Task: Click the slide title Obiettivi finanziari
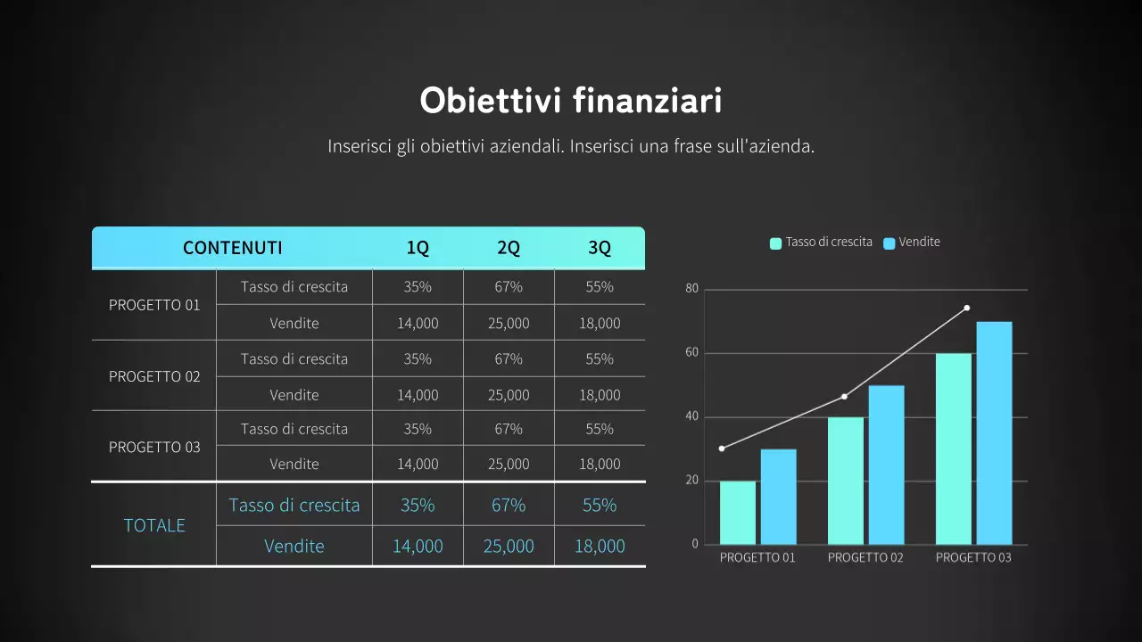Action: pyautogui.click(x=571, y=101)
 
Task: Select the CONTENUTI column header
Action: pyautogui.click(x=232, y=248)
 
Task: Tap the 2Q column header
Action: pyautogui.click(x=509, y=248)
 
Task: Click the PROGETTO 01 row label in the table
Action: pyautogui.click(x=154, y=305)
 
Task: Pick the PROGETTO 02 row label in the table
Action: pyautogui.click(x=154, y=376)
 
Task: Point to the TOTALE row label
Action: pyautogui.click(x=154, y=525)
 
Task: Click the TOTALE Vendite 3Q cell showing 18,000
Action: pyautogui.click(x=600, y=546)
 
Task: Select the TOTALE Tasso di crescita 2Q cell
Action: pyautogui.click(x=509, y=505)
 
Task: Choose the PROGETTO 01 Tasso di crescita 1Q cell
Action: pyautogui.click(x=418, y=287)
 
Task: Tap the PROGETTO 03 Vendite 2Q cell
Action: pyautogui.click(x=509, y=464)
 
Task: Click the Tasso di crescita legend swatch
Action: pyautogui.click(x=775, y=243)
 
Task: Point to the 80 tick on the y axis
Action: pyautogui.click(x=691, y=289)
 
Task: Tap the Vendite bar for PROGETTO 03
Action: pyautogui.click(x=994, y=433)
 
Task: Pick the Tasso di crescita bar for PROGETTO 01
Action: pyautogui.click(x=737, y=513)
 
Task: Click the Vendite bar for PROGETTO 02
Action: pyautogui.click(x=886, y=465)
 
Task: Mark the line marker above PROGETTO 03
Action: pyautogui.click(x=966, y=309)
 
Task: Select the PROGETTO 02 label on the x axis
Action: pyautogui.click(x=865, y=557)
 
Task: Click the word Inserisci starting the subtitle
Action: pyautogui.click(x=359, y=146)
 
